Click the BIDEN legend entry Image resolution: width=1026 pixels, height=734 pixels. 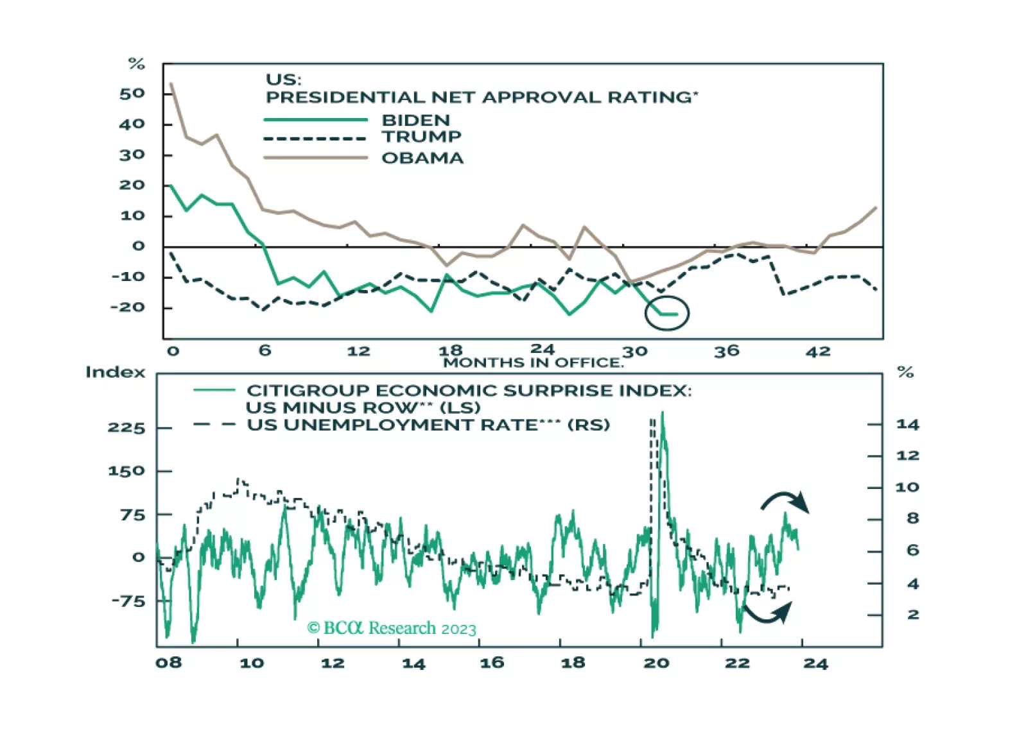(x=415, y=120)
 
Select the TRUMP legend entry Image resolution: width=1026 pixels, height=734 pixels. (x=421, y=137)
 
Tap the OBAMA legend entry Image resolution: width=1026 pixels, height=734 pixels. (x=422, y=158)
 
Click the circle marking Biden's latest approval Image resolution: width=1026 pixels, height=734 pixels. (x=666, y=313)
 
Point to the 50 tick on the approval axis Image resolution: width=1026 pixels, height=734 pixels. (x=132, y=94)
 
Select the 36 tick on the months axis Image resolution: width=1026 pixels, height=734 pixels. (x=727, y=352)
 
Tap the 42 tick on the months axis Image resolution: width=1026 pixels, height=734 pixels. (x=818, y=352)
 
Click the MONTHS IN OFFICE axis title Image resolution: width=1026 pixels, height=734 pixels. (x=533, y=363)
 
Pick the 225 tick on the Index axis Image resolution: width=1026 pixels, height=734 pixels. (x=126, y=428)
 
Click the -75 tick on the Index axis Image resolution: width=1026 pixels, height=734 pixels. (x=128, y=601)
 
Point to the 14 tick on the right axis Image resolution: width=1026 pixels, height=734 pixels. (x=907, y=424)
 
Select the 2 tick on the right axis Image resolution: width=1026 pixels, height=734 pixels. (x=912, y=615)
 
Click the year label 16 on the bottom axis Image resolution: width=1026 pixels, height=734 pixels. (x=492, y=663)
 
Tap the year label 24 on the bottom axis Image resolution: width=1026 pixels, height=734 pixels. (x=815, y=663)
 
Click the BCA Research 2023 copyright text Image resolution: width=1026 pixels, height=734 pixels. (x=392, y=628)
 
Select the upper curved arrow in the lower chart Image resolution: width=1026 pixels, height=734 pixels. (x=785, y=502)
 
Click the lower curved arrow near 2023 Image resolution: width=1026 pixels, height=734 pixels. (x=768, y=613)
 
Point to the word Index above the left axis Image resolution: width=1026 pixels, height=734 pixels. (x=116, y=372)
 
